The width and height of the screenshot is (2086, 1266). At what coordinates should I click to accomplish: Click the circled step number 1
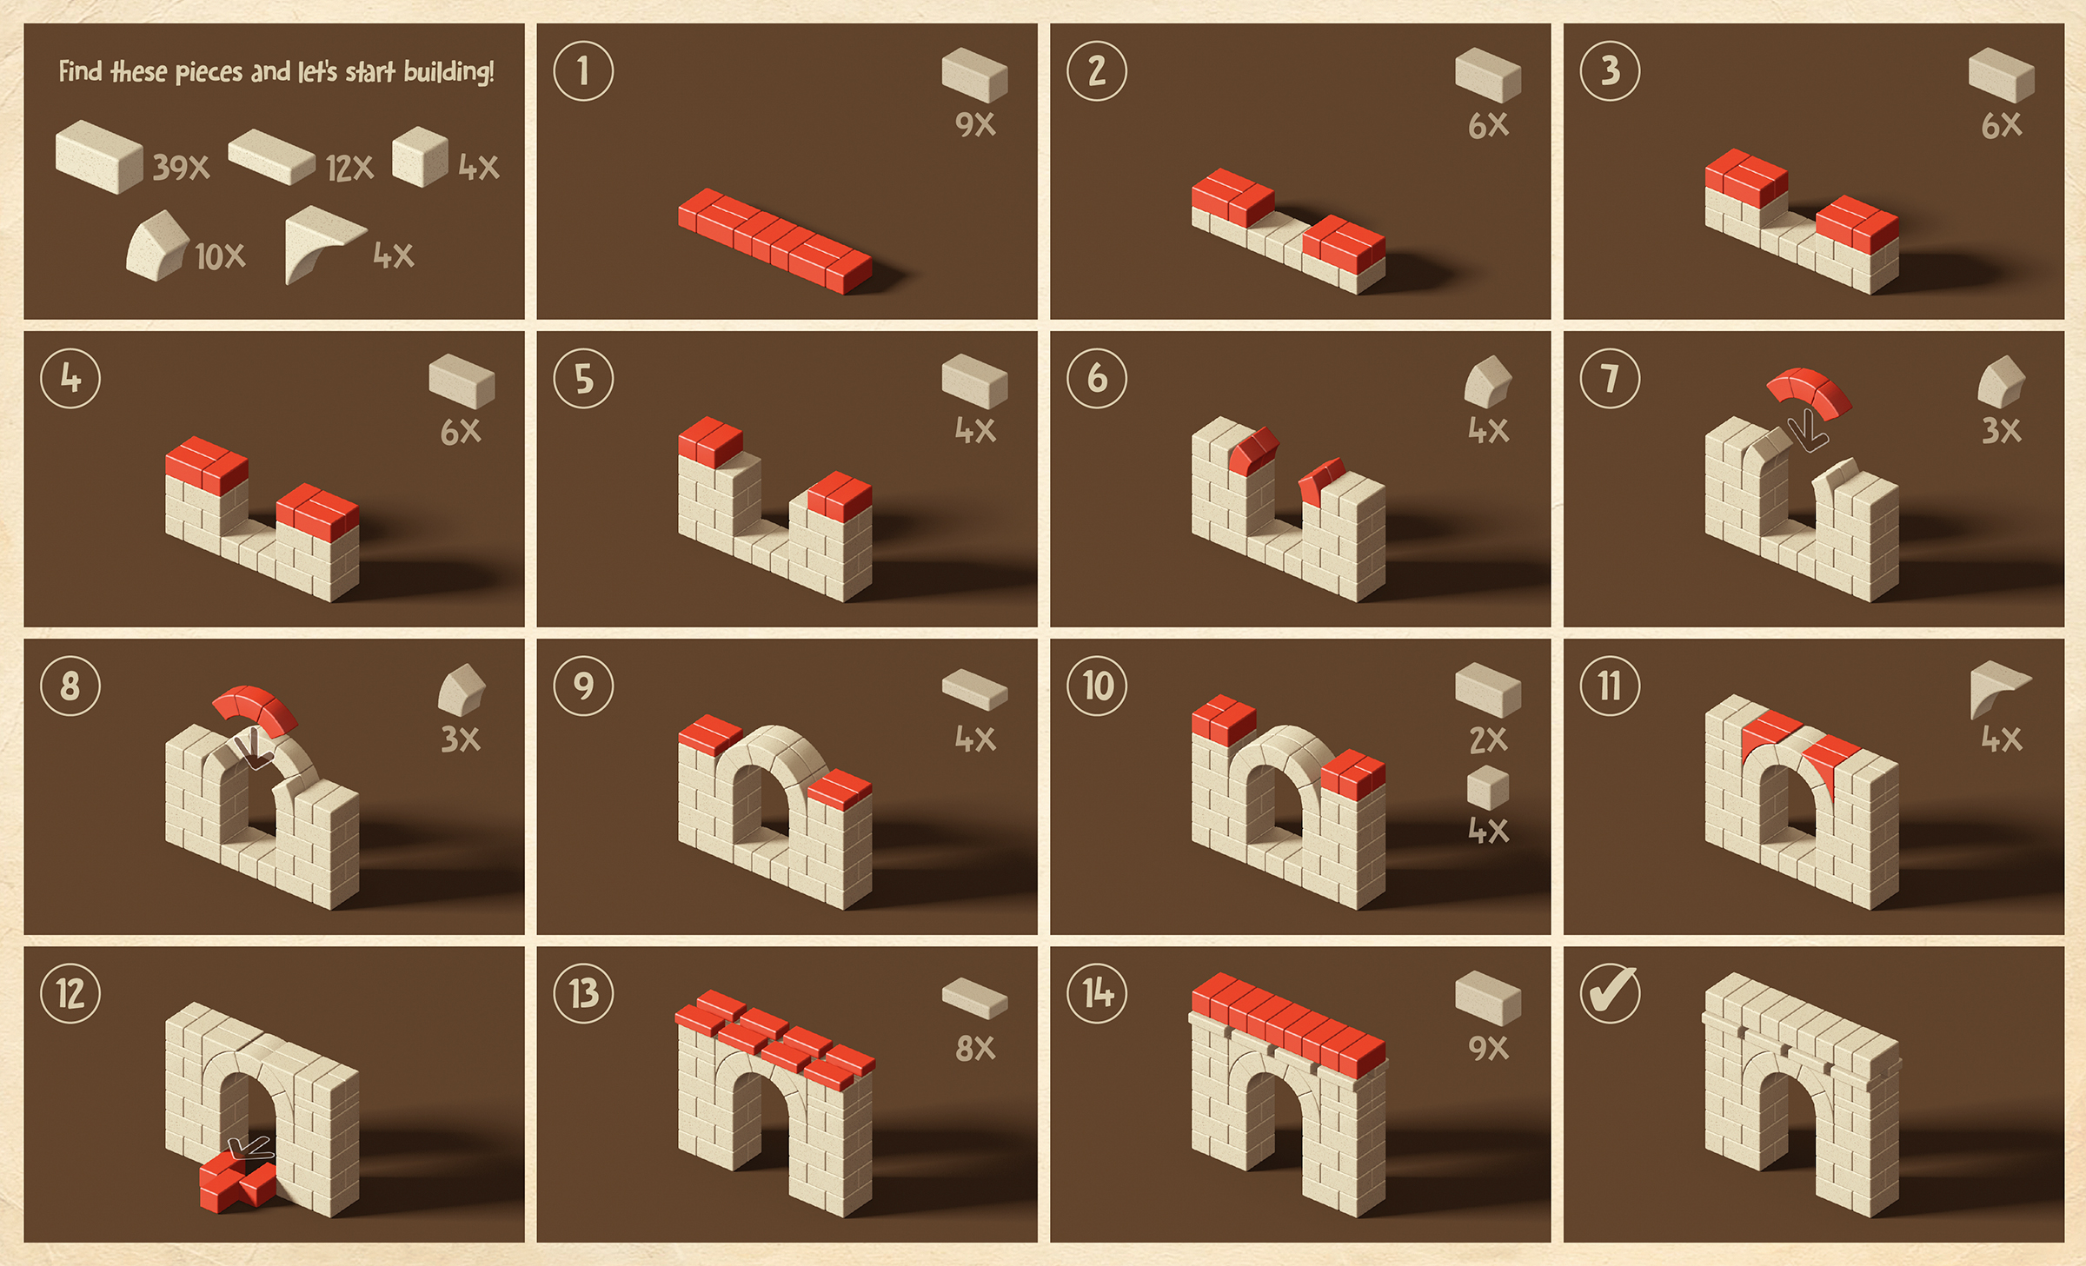coord(583,70)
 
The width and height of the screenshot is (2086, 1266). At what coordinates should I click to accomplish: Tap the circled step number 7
coord(1610,378)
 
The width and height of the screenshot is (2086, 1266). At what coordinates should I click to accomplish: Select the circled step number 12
coord(70,993)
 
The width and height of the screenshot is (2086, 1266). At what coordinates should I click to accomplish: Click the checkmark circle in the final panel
coord(1610,993)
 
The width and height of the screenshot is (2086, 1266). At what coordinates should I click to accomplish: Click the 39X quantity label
coord(181,167)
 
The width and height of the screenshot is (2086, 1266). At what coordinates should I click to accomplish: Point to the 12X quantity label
coord(349,168)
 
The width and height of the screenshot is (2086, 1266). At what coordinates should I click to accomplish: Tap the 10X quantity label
coord(220,256)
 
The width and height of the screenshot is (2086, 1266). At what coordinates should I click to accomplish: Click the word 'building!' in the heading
coord(448,71)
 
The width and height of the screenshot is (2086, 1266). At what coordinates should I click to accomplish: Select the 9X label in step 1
coord(974,124)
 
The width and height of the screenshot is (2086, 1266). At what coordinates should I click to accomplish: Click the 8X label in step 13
coord(974,1048)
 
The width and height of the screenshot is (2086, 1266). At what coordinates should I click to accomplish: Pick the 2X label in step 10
coord(1488,740)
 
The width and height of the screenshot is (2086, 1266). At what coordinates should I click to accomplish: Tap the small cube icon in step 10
coord(1487,787)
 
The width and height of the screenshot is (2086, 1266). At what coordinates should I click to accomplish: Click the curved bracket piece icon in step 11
coord(1997,686)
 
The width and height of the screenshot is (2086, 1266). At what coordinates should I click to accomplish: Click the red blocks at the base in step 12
coord(237,1182)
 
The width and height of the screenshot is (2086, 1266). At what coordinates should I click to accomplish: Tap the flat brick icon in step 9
coord(974,689)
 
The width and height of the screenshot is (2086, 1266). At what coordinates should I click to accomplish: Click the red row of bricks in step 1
coord(774,241)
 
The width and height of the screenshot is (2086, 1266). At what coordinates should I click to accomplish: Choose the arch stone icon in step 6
coord(1487,381)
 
